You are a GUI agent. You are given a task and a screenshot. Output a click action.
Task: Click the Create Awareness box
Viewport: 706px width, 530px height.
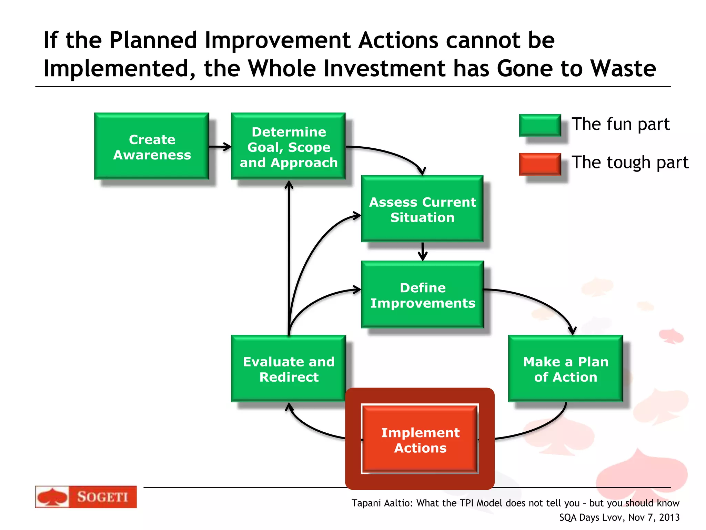[x=152, y=146]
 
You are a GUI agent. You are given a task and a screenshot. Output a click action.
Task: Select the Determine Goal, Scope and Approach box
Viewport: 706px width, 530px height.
[x=288, y=146]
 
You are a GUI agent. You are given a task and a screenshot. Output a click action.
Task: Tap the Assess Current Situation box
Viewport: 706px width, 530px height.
[x=422, y=209]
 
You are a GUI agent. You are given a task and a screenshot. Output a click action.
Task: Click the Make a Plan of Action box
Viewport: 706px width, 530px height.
[x=565, y=369]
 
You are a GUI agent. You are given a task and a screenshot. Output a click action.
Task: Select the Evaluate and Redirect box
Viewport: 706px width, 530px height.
[x=288, y=369]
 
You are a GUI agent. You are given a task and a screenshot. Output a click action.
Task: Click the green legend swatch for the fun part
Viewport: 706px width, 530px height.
[x=540, y=125]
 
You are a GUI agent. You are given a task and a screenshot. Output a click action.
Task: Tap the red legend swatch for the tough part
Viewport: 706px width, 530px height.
[x=540, y=164]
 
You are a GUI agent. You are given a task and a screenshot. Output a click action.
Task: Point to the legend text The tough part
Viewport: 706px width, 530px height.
[x=629, y=163]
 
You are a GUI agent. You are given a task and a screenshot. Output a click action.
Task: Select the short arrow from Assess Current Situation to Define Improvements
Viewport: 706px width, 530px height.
[x=423, y=252]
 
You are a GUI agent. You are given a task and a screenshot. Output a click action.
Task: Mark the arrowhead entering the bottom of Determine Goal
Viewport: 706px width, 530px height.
[x=289, y=186]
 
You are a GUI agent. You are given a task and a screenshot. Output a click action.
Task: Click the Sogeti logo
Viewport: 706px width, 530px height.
[x=86, y=497]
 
